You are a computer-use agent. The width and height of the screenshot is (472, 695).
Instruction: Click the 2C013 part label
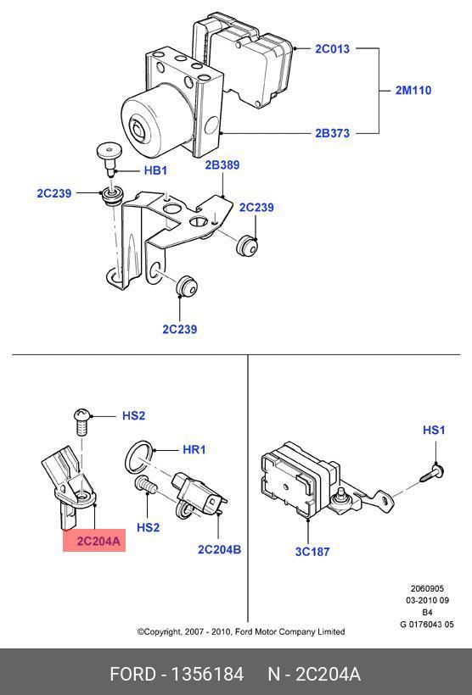[332, 49]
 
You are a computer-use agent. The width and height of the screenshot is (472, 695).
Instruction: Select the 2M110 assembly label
[413, 91]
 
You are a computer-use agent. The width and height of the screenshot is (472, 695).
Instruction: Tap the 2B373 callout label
[332, 133]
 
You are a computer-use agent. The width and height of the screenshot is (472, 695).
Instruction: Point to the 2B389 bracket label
[222, 165]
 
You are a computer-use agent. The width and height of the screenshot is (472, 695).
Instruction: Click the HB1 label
[155, 170]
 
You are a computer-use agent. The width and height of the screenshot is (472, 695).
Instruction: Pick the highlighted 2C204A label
[98, 542]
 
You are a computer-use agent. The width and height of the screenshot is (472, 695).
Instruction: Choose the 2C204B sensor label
[219, 549]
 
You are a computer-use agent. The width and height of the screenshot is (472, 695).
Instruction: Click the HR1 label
[194, 450]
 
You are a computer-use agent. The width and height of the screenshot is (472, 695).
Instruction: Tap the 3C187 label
[312, 552]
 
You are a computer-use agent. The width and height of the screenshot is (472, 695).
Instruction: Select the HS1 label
[434, 430]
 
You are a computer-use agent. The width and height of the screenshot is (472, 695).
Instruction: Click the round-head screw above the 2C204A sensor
[82, 421]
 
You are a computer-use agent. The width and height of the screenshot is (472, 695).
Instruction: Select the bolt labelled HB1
[110, 158]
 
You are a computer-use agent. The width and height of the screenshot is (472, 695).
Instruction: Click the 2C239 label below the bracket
[179, 330]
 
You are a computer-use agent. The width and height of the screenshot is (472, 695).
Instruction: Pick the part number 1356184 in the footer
[207, 674]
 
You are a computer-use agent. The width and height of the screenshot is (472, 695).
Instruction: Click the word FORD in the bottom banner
[132, 674]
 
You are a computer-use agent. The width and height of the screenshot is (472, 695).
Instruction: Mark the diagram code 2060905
[427, 588]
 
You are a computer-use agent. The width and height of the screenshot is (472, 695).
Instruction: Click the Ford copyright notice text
[241, 631]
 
